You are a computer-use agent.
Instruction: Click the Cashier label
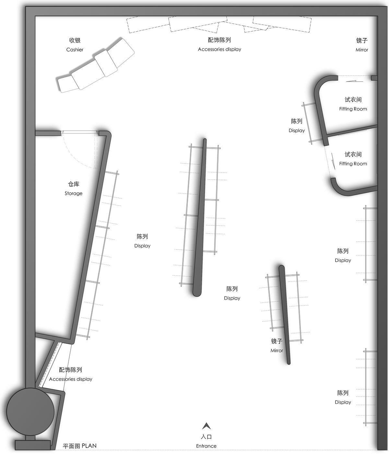click(75, 50)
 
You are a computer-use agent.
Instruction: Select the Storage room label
click(73, 193)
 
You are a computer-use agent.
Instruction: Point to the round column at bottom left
click(30, 412)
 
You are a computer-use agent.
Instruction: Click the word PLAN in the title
click(89, 446)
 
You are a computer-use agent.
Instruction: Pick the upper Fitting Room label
click(353, 109)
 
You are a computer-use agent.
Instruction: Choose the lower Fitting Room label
click(353, 163)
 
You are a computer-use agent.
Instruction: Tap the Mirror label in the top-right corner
click(362, 50)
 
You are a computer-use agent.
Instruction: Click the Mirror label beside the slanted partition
click(277, 350)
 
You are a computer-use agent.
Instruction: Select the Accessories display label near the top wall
click(219, 49)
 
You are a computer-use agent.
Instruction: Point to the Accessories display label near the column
click(70, 379)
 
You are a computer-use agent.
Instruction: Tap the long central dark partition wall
click(200, 217)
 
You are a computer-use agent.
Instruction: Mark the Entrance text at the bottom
click(206, 446)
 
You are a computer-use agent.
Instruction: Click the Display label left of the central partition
click(142, 246)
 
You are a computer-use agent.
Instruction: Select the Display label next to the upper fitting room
click(297, 130)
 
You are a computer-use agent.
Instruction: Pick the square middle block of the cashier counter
click(106, 63)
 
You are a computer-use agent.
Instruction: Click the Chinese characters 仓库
click(74, 184)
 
